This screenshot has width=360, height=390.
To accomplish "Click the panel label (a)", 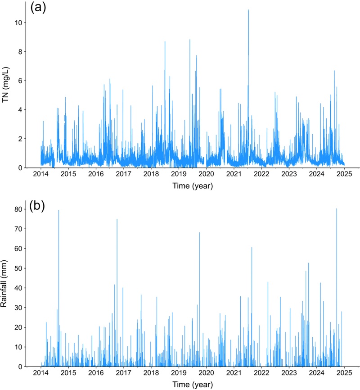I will [38, 9].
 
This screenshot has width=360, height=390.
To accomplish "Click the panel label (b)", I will [38, 207].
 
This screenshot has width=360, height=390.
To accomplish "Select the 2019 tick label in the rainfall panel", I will [179, 374].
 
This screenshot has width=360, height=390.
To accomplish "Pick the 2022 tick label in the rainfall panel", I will [261, 374].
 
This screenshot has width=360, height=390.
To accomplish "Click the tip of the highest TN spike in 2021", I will [248, 10].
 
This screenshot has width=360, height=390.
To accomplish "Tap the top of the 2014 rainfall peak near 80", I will [58, 210].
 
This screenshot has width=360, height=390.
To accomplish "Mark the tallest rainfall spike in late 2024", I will [337, 209].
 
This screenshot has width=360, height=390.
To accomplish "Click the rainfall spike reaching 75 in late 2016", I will [117, 219].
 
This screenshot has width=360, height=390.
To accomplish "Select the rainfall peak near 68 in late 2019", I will [199, 232].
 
